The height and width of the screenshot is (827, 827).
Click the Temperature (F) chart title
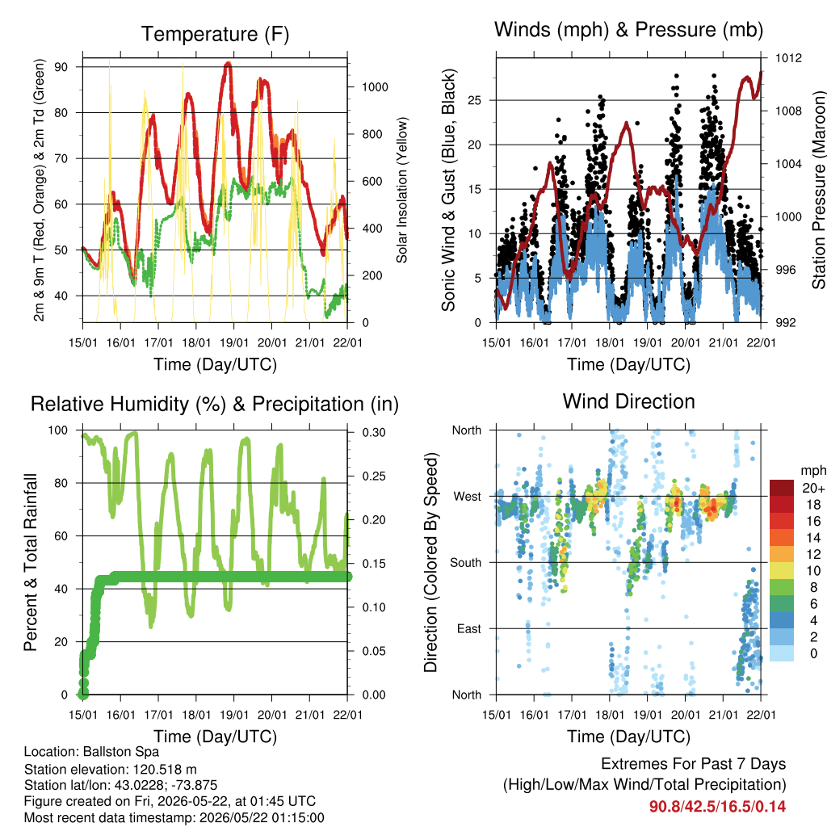215,34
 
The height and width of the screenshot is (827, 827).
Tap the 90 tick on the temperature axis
61,67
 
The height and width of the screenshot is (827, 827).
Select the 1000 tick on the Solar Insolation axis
375,87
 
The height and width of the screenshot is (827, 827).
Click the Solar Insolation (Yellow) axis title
402,190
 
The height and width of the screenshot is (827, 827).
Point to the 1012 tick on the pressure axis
788,58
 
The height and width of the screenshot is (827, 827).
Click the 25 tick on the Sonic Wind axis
475,100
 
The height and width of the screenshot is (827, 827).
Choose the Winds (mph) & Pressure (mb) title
628,30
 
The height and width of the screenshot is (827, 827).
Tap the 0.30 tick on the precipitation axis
374,433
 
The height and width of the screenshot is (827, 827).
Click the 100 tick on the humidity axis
58,430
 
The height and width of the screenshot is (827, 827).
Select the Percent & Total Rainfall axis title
31,562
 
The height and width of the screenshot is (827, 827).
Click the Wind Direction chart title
628,402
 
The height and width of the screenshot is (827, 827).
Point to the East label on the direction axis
469,628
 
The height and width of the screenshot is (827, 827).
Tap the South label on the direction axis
466,563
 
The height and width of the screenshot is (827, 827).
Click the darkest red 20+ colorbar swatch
782,488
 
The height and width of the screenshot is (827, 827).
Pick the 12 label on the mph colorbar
813,554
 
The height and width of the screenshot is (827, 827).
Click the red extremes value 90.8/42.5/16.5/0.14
717,807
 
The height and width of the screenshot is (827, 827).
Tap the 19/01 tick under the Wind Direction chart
647,715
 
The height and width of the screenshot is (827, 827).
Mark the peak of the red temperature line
228,63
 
